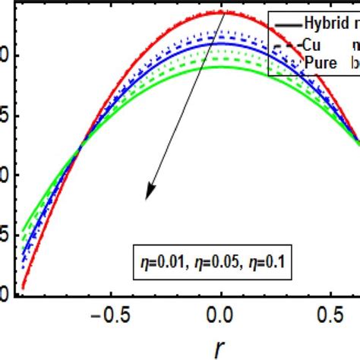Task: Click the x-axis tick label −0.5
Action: pos(107,313)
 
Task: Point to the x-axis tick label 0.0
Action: pos(220,313)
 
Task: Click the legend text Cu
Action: pos(310,44)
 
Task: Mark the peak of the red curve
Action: pos(221,11)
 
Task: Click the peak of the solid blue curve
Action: pos(221,44)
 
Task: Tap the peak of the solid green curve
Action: pos(221,67)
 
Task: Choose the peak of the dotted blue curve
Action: pos(221,32)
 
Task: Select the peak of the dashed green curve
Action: pos(221,58)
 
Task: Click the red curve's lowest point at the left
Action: pos(23,288)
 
